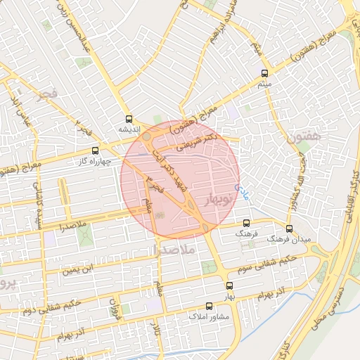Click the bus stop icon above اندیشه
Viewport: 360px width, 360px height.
[128, 119]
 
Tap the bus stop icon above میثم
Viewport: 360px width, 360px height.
[265, 73]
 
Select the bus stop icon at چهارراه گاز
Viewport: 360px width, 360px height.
[96, 150]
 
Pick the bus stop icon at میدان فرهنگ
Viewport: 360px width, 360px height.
[289, 229]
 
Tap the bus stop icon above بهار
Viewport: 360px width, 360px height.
[229, 285]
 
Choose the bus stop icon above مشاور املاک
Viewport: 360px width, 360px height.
[209, 307]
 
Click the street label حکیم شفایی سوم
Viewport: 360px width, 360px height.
[271, 262]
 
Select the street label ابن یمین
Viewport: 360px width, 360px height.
[76, 268]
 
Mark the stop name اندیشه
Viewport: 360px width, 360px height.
[129, 130]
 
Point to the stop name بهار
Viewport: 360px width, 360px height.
[229, 297]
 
